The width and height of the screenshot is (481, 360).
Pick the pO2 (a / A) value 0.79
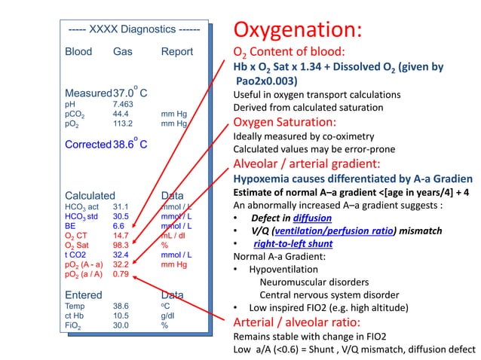tap(121, 274)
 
